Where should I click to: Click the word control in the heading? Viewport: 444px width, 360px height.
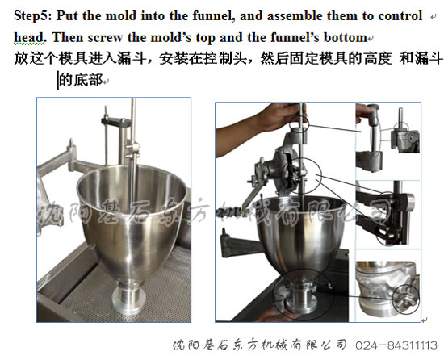pos(400,16)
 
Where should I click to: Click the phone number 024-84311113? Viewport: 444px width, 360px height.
pos(396,345)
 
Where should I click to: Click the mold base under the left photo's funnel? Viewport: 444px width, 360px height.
pos(128,297)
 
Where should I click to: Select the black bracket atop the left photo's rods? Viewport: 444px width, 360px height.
pos(115,122)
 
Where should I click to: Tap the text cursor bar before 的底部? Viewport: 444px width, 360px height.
pos(58,81)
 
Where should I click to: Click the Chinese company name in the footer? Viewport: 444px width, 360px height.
pos(259,345)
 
